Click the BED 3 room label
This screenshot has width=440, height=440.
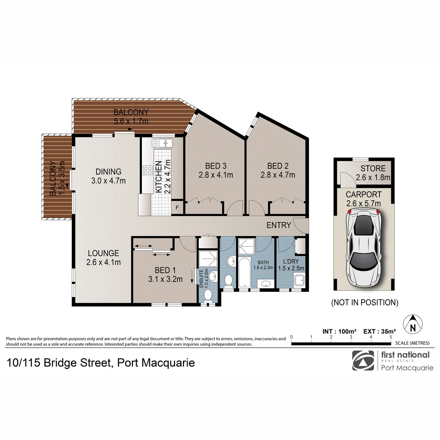216,166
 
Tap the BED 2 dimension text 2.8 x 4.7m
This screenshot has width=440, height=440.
278,175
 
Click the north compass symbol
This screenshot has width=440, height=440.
412,324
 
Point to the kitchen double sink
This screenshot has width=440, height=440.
162,143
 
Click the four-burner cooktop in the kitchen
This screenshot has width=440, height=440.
148,170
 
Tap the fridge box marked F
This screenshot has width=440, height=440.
177,207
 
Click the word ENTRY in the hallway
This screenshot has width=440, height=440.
279,225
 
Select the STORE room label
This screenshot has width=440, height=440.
373,169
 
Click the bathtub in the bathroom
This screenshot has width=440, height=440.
245,272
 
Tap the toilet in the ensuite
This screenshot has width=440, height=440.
208,295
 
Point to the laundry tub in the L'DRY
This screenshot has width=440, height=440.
299,280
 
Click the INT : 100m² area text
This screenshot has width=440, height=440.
339,331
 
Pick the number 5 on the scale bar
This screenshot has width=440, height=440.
391,337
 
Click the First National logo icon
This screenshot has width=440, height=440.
363,360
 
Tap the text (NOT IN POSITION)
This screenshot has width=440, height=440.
364,302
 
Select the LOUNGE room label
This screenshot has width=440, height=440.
103,253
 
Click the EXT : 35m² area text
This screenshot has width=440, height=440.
379,331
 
